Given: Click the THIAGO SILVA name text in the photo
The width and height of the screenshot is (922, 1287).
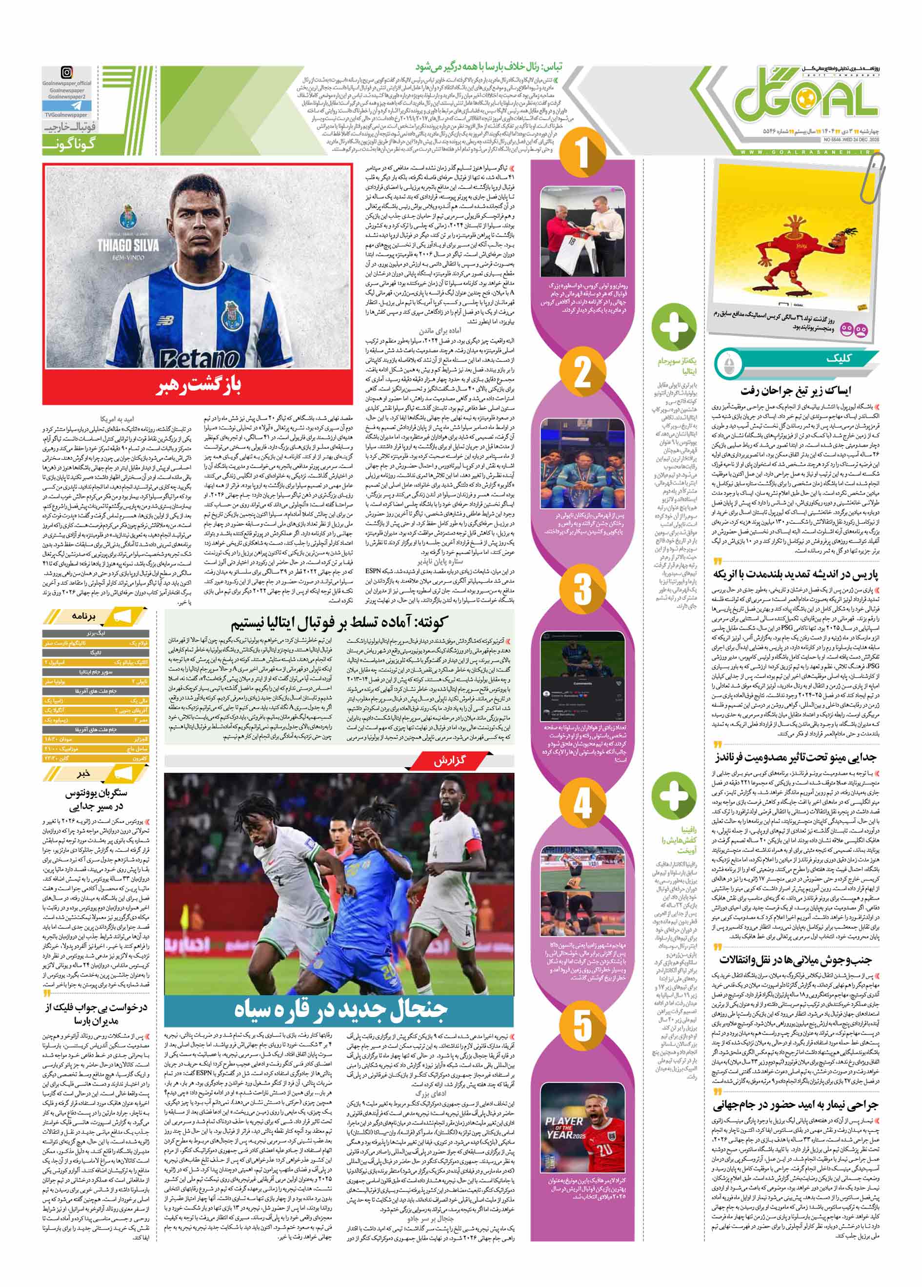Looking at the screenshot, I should [128, 245].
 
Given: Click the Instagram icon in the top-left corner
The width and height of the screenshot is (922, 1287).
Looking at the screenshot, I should [67, 73].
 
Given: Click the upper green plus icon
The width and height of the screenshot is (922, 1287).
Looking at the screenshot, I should [673, 325].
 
